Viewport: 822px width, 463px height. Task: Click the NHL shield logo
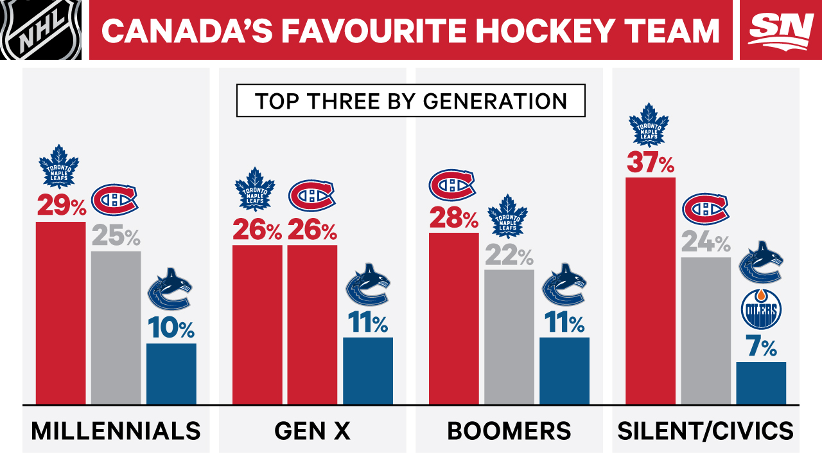point(41,30)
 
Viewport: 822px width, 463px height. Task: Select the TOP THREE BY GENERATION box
point(411,101)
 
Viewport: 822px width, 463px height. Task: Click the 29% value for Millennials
point(61,206)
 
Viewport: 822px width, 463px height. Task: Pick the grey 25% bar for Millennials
point(116,328)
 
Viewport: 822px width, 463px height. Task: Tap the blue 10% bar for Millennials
point(171,374)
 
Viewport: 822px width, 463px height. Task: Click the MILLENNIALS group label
point(116,431)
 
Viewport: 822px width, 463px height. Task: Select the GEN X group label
point(313,431)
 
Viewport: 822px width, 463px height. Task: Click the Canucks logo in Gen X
point(368,284)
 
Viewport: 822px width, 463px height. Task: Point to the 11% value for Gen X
point(368,323)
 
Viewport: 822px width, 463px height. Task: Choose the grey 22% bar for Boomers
point(509,337)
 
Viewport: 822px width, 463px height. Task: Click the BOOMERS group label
point(509,431)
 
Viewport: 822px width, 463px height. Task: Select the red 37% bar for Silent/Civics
point(651,291)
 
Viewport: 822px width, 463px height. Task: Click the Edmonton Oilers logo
point(762,309)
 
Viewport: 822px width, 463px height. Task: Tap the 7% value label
point(762,349)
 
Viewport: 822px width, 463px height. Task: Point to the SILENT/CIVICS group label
point(705,431)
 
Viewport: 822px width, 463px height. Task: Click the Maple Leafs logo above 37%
point(649,125)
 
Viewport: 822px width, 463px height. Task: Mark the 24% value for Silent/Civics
point(706,244)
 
